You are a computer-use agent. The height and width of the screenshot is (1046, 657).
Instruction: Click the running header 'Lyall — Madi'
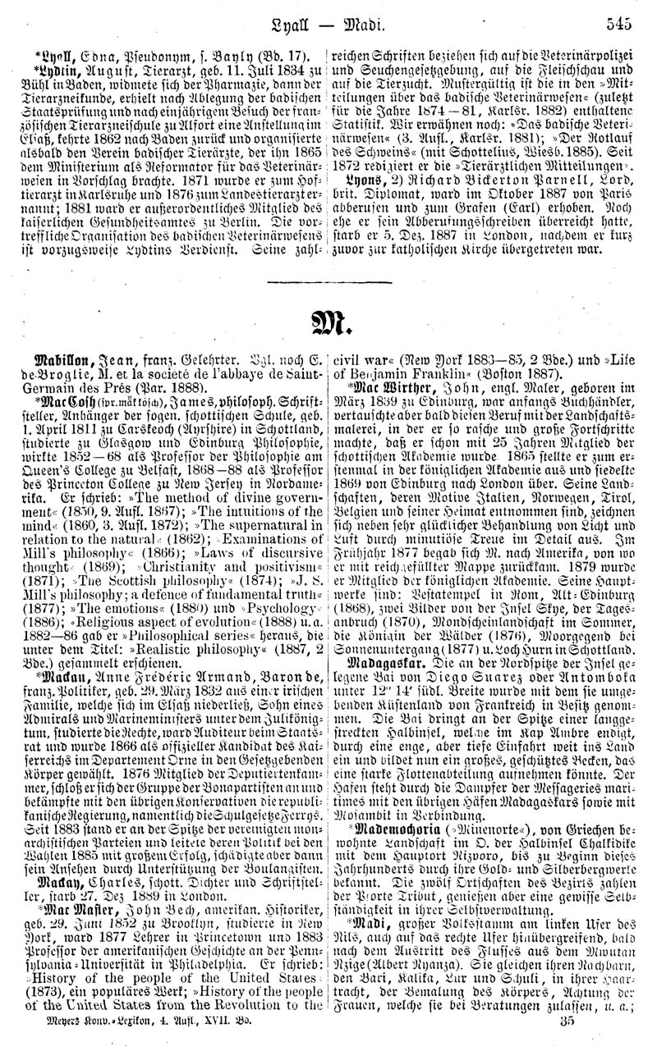328,25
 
